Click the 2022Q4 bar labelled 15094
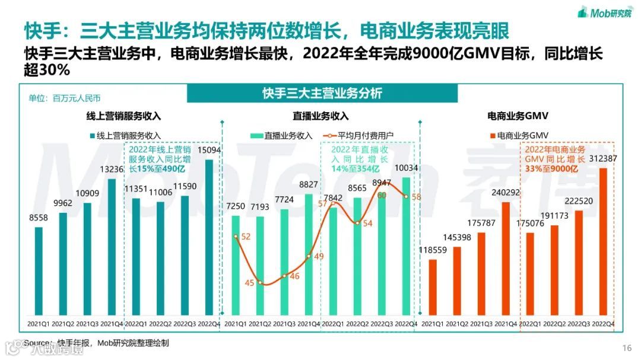[x=209, y=237]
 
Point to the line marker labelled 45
[x=260, y=283]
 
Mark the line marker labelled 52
[x=236, y=237]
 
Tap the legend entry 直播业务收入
[x=282, y=135]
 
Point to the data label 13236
[x=112, y=169]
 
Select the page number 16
[x=627, y=348]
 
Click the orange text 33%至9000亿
[x=551, y=169]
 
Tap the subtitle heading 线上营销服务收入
[x=119, y=116]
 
